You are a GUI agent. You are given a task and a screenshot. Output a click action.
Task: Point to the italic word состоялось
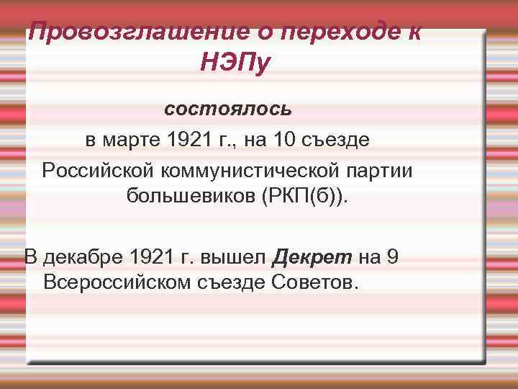pyautogui.click(x=228, y=109)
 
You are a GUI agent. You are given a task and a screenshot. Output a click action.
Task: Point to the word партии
pyautogui.click(x=389, y=170)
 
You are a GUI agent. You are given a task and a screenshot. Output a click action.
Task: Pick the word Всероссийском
pyautogui.click(x=114, y=281)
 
